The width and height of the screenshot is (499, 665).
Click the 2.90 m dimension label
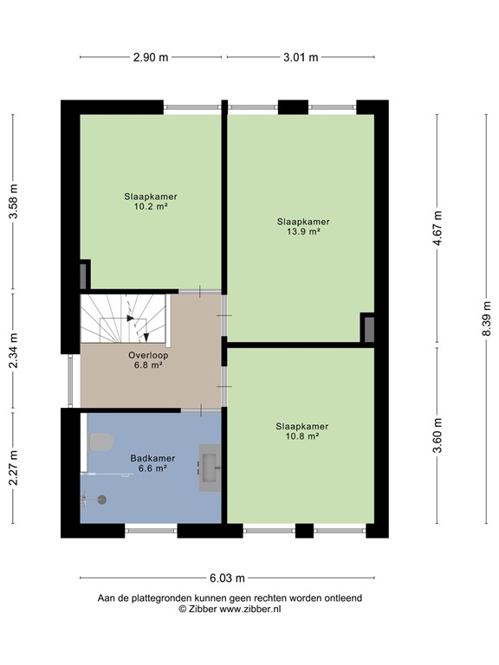(151, 57)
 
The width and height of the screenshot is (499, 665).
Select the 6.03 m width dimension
(227, 578)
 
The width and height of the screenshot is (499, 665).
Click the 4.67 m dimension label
(437, 229)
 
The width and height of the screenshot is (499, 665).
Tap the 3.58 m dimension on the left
(13, 201)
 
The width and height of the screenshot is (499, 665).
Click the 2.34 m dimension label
(13, 352)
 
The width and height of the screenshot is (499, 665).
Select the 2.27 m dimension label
(13, 468)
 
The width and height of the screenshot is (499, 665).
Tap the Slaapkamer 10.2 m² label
(151, 202)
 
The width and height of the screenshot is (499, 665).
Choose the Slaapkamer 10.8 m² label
(302, 431)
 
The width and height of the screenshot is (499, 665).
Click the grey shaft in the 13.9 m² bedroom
(367, 329)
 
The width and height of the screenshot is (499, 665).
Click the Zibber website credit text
(230, 609)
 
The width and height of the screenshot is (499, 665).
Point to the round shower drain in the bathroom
(101, 500)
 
